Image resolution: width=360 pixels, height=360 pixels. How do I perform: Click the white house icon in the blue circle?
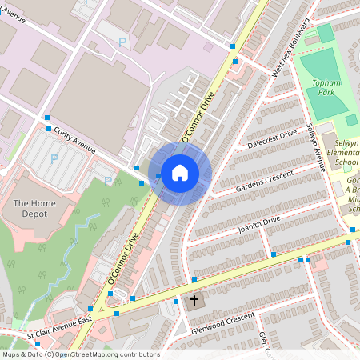pyautogui.click(x=180, y=172)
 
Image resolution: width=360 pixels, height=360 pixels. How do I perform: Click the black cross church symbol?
pyautogui.click(x=194, y=302)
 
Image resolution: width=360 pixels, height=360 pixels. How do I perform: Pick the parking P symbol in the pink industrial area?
pyautogui.click(x=122, y=42)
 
